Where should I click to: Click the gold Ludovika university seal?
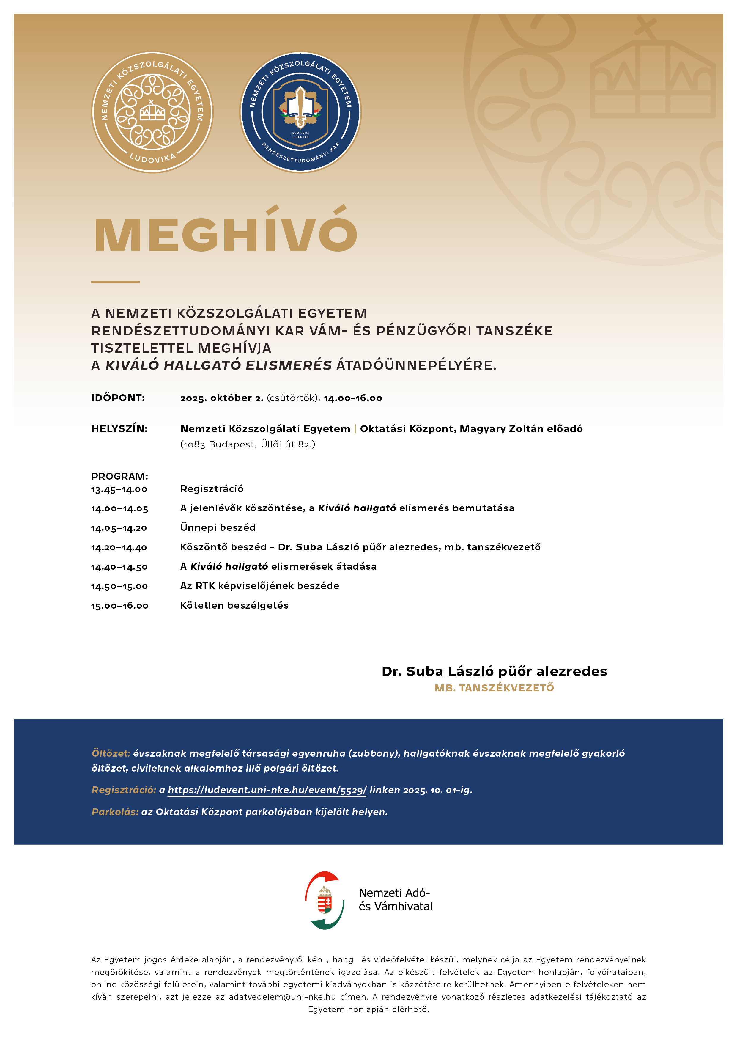pos(152,112)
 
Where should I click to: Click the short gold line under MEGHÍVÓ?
pos(115,282)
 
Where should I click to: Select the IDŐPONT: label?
pos(118,398)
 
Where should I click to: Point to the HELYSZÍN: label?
pos(119,429)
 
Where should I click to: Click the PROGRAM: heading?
pos(120,476)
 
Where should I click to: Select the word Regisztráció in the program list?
pos(212,489)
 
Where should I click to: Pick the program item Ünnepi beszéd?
pos(218,527)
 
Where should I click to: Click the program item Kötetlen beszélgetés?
pos(234,606)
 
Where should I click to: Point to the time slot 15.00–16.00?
pos(120,606)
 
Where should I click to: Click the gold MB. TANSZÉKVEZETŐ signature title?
pos(494,688)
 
